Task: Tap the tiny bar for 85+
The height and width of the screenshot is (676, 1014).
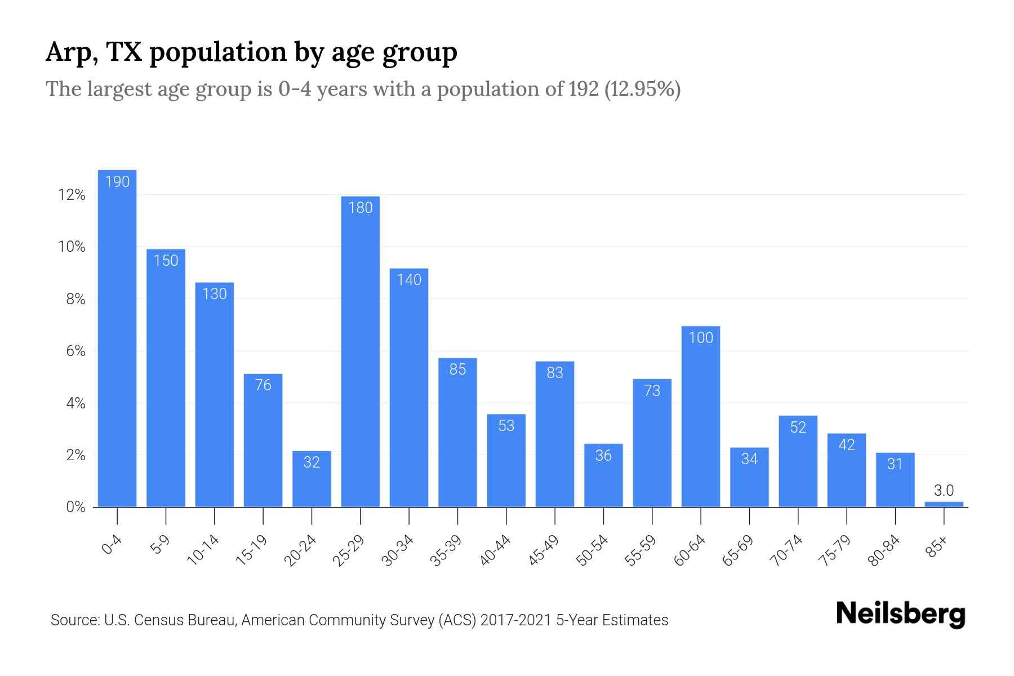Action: click(944, 504)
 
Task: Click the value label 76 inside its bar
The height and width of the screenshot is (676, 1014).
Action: click(263, 385)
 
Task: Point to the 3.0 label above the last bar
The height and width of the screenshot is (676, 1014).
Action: click(944, 490)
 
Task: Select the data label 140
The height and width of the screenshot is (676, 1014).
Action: click(409, 279)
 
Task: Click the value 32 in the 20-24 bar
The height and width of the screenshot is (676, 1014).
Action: click(312, 462)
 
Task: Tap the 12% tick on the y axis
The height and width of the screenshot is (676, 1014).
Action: click(72, 195)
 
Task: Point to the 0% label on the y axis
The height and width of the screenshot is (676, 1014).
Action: click(75, 507)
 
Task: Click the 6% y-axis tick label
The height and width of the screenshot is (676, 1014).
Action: click(75, 351)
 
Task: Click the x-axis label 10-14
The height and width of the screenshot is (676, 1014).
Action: click(203, 550)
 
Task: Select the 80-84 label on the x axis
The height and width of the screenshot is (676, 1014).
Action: click(884, 550)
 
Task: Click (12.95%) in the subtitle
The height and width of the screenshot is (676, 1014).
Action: click(642, 89)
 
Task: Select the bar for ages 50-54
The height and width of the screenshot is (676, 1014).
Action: click(603, 476)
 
